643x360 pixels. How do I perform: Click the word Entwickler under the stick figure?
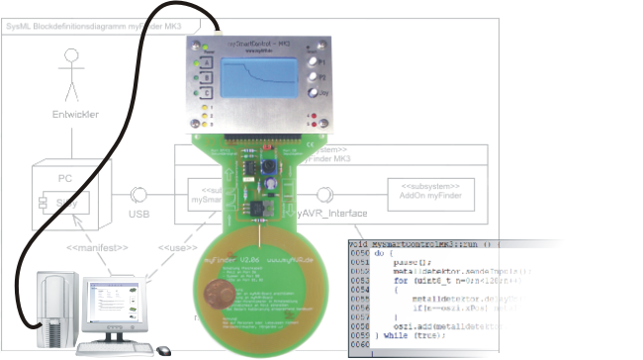click(x=75, y=115)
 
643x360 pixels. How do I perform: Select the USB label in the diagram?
click(x=139, y=211)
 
